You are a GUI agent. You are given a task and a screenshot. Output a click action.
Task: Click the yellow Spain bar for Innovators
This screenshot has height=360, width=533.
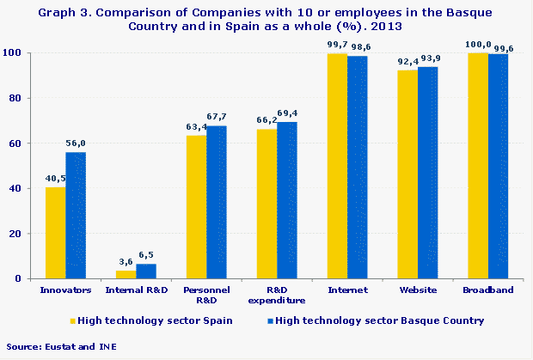click(55, 233)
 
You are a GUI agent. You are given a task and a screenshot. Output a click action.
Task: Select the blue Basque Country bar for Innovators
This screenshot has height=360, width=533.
click(76, 215)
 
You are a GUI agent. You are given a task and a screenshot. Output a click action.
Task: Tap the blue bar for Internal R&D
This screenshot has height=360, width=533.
click(146, 271)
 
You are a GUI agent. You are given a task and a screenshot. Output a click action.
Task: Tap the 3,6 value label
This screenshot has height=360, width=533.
click(126, 263)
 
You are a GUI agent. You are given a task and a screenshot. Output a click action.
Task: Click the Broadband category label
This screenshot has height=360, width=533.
click(488, 290)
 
